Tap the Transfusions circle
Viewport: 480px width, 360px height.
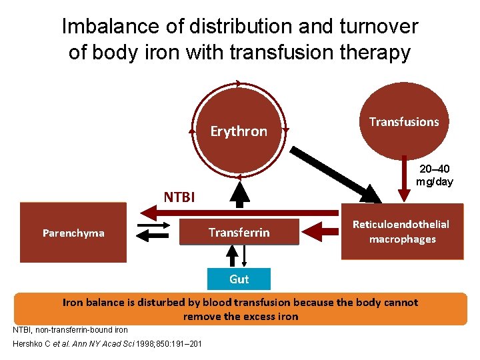(x=404, y=122)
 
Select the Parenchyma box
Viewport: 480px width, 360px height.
(x=73, y=233)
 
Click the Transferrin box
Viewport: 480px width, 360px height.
(x=239, y=233)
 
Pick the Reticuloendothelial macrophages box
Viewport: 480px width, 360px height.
(x=401, y=232)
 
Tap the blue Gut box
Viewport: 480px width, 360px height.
(x=239, y=279)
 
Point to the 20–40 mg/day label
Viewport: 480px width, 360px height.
(x=434, y=175)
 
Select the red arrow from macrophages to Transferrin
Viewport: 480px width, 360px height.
(x=320, y=232)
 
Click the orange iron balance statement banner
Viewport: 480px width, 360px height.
(x=240, y=309)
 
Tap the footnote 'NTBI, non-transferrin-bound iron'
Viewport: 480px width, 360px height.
(x=70, y=329)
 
